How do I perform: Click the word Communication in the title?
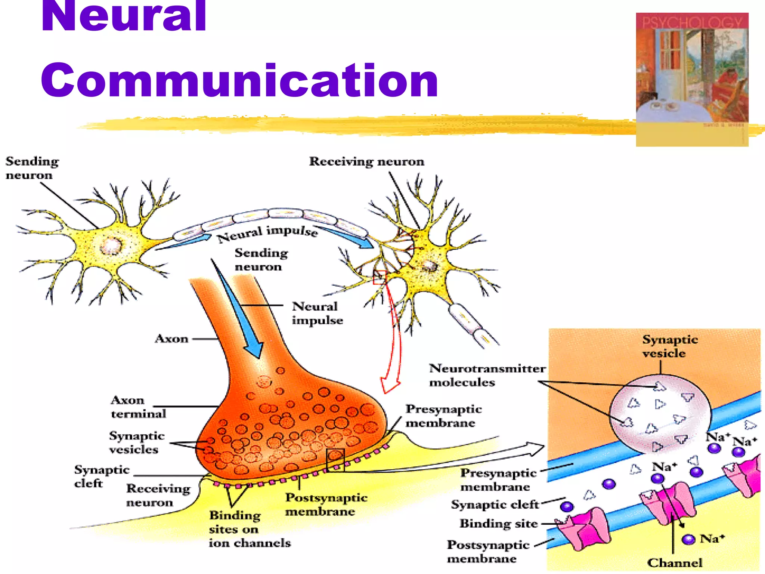point(239,80)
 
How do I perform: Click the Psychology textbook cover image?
point(692,79)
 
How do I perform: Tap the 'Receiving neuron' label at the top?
point(366,161)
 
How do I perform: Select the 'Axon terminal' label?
point(138,407)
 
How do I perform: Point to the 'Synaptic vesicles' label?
point(136,442)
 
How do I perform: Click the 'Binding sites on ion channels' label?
point(249,529)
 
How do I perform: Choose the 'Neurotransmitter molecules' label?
point(487,375)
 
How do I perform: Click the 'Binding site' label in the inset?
point(498,524)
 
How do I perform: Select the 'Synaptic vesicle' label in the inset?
point(670,346)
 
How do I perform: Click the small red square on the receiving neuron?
point(380,277)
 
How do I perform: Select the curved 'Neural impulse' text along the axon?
point(267,232)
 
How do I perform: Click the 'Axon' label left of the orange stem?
point(171,339)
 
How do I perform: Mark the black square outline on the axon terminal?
point(335,460)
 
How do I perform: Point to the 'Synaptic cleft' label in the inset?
point(495,504)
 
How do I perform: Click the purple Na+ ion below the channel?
point(688,539)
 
